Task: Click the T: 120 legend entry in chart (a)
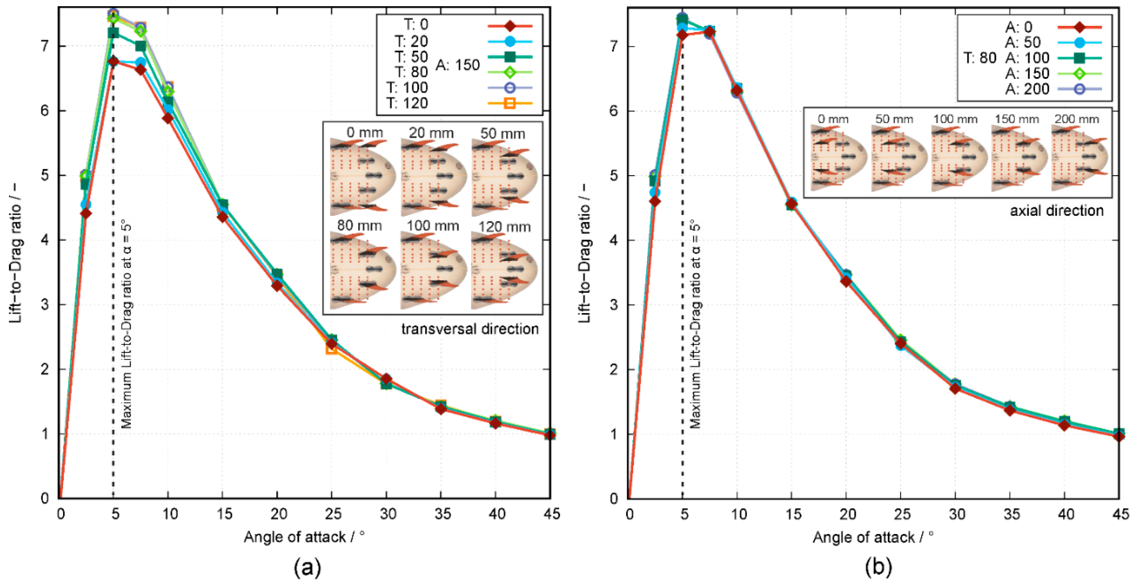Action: point(407,104)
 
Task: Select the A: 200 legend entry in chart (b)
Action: point(1027,89)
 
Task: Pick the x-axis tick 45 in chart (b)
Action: point(1119,514)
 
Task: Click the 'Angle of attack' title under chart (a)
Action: point(304,537)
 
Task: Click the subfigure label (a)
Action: point(307,567)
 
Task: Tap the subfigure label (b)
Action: point(878,567)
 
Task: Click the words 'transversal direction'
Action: point(470,329)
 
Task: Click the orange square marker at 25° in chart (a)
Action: point(332,349)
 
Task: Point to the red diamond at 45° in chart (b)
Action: point(1119,436)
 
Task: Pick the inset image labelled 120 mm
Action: point(504,270)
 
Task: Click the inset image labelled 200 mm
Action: point(1079,158)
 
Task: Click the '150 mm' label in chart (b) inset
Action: point(1016,119)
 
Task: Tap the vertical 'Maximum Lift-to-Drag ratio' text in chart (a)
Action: point(126,325)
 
